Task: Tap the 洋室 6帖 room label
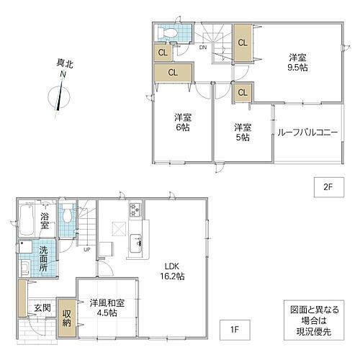coord(181,122)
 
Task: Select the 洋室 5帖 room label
coord(242,132)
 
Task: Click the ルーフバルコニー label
coord(305,132)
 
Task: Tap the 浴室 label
coord(45,220)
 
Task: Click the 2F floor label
coord(328,186)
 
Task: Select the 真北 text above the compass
coord(63,64)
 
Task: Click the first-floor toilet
coord(67,214)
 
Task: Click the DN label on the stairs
coord(203,48)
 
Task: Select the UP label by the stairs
coord(87,250)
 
